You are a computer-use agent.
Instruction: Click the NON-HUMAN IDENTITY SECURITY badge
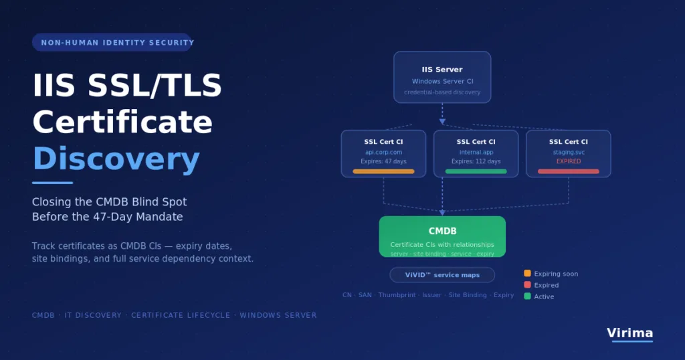coord(112,42)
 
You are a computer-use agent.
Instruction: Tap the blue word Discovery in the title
coord(116,159)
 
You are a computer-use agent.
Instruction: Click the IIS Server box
coord(442,78)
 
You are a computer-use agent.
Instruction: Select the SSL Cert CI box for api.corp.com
coord(383,154)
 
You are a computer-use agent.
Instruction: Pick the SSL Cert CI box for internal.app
coord(476,154)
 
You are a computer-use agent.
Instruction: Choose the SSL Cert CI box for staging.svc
coord(569,154)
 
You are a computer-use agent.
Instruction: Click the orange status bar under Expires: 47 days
coord(383,172)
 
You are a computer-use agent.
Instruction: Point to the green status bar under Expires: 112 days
coord(476,172)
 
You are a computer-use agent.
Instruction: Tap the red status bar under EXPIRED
coord(569,172)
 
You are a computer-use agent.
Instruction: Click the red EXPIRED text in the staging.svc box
coord(569,161)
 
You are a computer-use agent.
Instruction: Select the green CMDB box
coord(442,236)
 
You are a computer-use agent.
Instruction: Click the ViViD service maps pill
coord(442,275)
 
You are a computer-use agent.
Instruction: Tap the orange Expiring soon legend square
coord(527,274)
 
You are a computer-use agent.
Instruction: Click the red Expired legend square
coord(527,285)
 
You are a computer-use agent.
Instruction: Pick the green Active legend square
coord(527,296)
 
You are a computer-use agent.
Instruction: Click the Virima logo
coord(629,333)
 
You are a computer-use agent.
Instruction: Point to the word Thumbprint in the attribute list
coord(397,295)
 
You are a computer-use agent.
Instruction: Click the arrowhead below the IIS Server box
coord(442,122)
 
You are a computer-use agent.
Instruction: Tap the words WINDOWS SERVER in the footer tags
coord(278,315)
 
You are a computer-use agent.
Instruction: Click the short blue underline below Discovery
coord(52,183)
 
